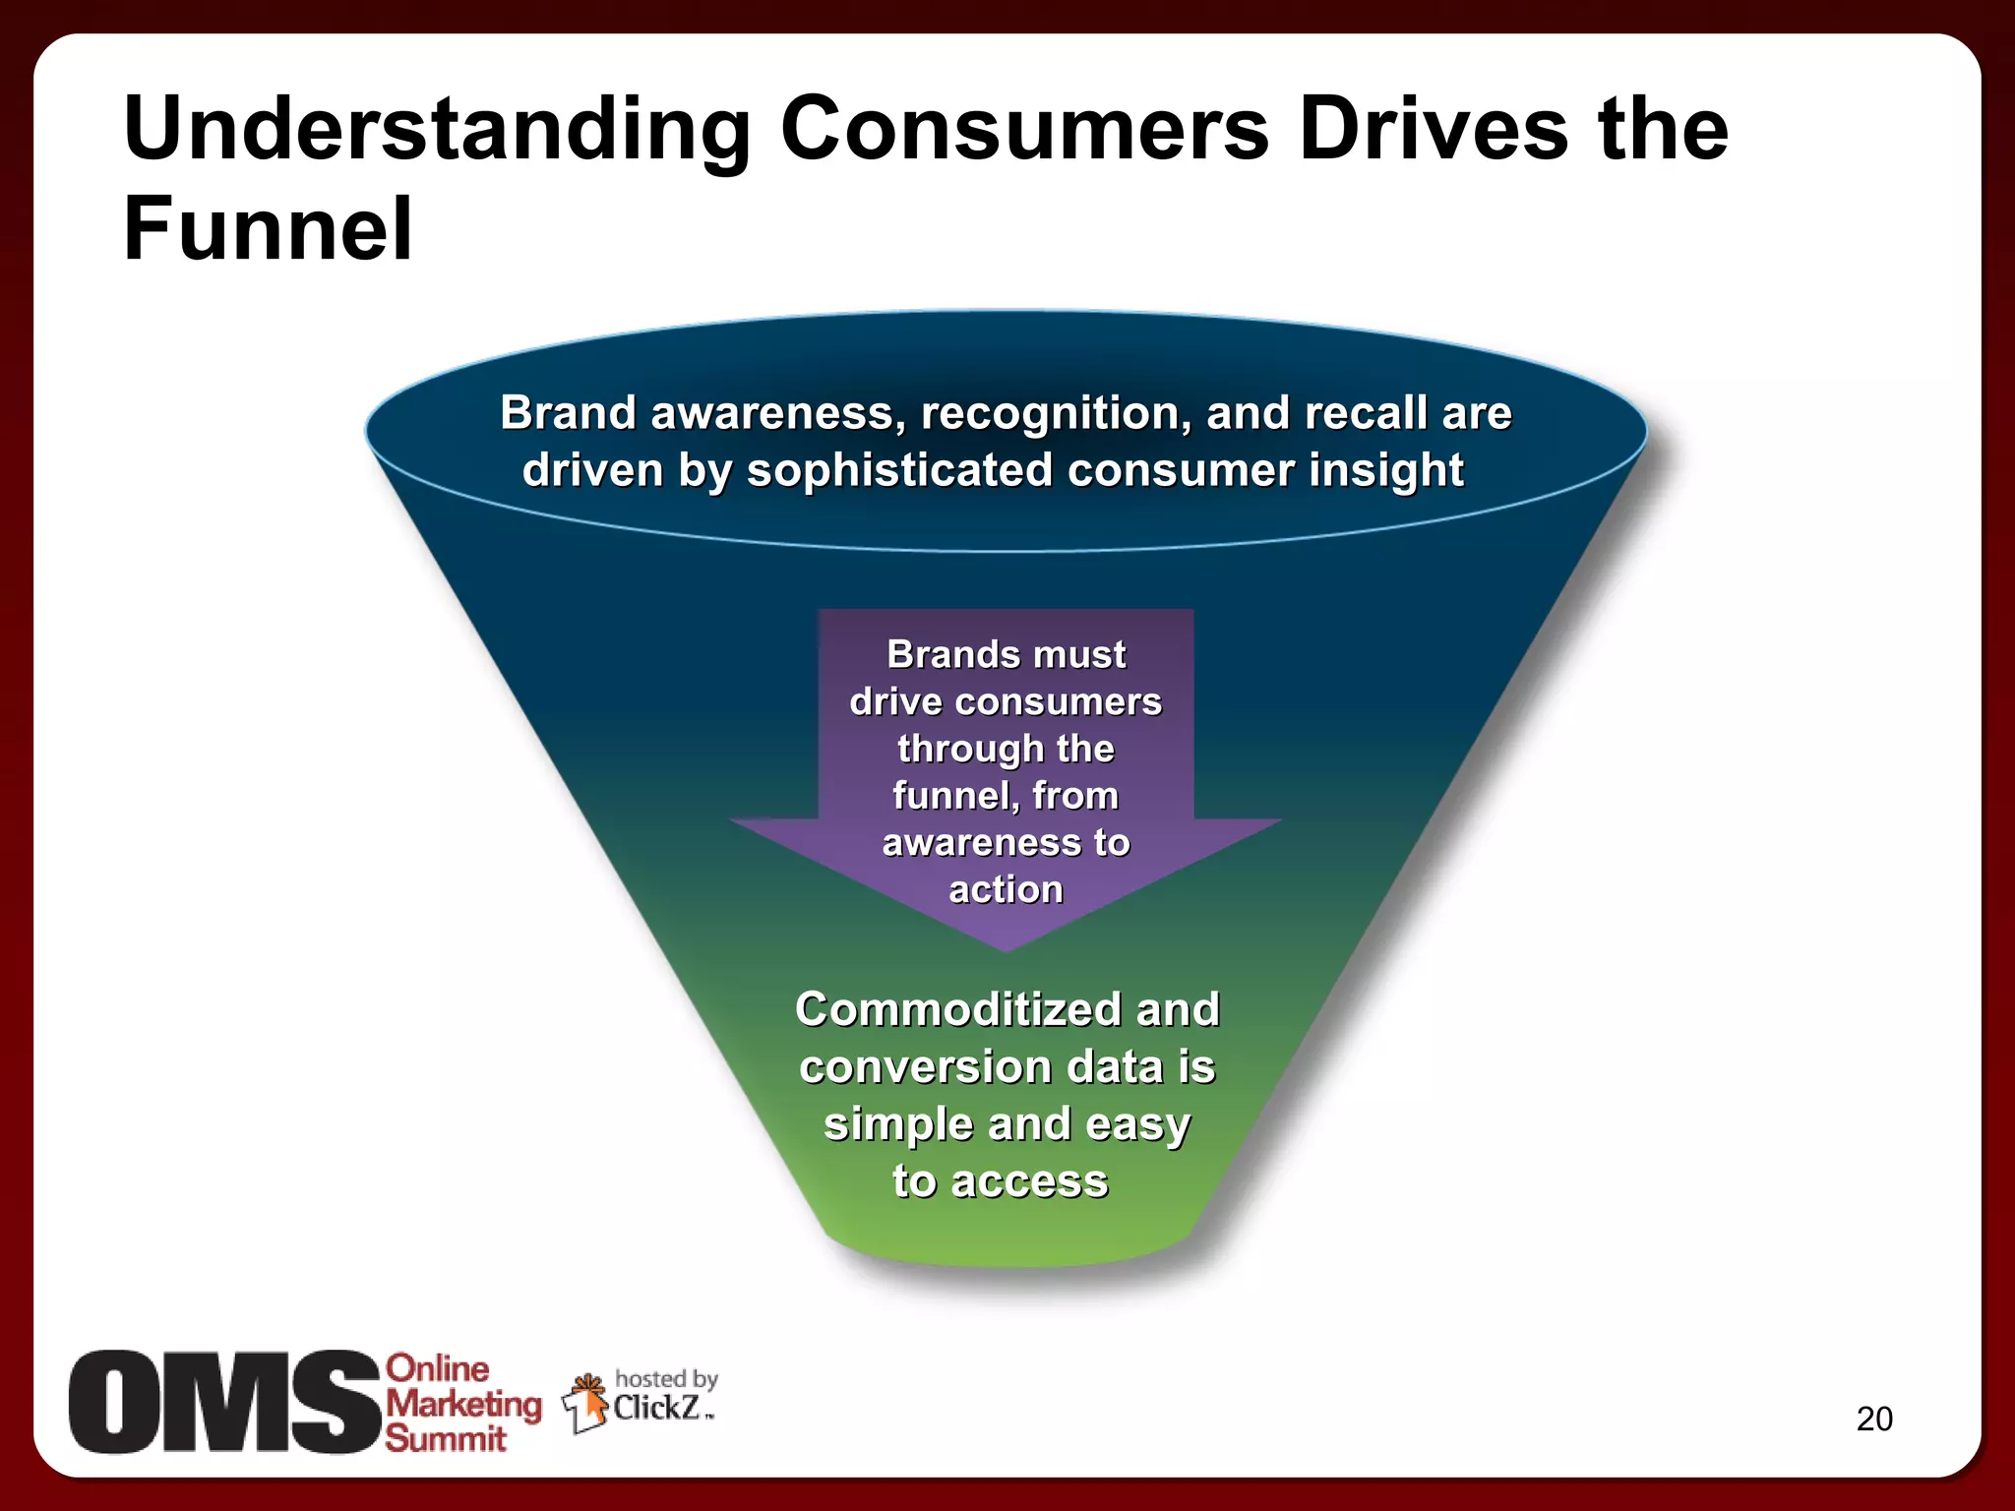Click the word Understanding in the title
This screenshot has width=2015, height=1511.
tap(437, 131)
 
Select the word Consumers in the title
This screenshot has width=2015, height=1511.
tap(1024, 131)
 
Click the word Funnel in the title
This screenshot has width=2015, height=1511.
tap(268, 229)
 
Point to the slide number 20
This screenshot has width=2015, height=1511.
tap(1873, 1419)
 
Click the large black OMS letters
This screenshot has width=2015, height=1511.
tap(224, 1401)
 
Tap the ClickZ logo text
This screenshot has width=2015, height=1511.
tap(657, 1408)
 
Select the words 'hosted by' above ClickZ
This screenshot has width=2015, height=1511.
tap(666, 1378)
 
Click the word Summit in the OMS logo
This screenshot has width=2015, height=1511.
tap(445, 1438)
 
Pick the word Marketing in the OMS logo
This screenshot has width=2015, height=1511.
tap(463, 1404)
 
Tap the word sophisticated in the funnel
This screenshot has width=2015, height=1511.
tap(899, 470)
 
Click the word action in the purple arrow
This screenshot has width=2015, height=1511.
tap(1006, 889)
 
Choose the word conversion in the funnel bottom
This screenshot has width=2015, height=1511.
tap(925, 1067)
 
